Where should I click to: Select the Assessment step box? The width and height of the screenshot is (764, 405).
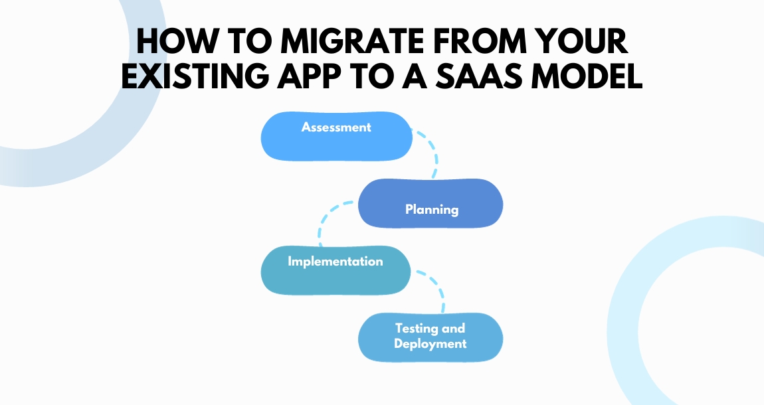pyautogui.click(x=336, y=136)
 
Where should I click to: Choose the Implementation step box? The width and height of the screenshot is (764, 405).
pyautogui.click(x=335, y=270)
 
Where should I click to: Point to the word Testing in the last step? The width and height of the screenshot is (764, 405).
pyautogui.click(x=430, y=328)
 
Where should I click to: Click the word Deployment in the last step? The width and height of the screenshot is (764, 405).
pyautogui.click(x=430, y=344)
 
